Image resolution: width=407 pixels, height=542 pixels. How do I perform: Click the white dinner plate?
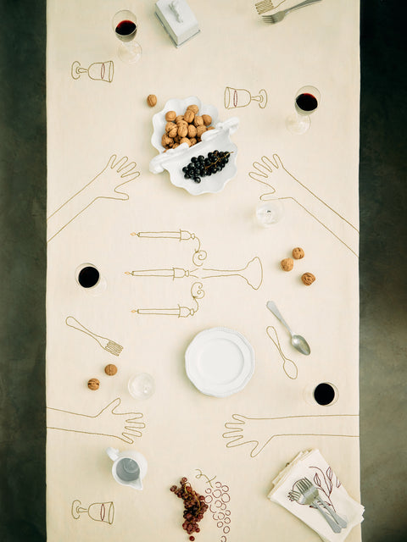coord(220,362)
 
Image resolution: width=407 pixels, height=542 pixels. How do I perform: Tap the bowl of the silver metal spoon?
coord(299,344)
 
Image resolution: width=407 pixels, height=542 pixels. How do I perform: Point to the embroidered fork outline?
coord(95,336)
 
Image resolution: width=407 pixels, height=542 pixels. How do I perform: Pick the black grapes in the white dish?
coord(205,164)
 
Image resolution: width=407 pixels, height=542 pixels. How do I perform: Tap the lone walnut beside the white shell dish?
coord(152,100)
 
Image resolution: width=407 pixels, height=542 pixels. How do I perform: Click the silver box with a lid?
coord(178,19)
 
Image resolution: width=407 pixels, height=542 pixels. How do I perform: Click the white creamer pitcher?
coord(127,467)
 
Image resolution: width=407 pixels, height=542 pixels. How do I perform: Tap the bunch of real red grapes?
coord(191,505)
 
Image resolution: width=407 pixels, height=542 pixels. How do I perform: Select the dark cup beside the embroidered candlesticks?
coord(88,276)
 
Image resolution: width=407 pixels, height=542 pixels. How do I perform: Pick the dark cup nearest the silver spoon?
coord(324,394)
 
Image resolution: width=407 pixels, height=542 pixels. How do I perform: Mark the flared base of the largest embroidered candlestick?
coord(249,273)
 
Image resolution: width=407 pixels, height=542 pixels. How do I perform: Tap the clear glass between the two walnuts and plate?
coord(142,386)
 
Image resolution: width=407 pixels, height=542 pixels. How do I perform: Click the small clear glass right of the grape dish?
coord(268,213)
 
